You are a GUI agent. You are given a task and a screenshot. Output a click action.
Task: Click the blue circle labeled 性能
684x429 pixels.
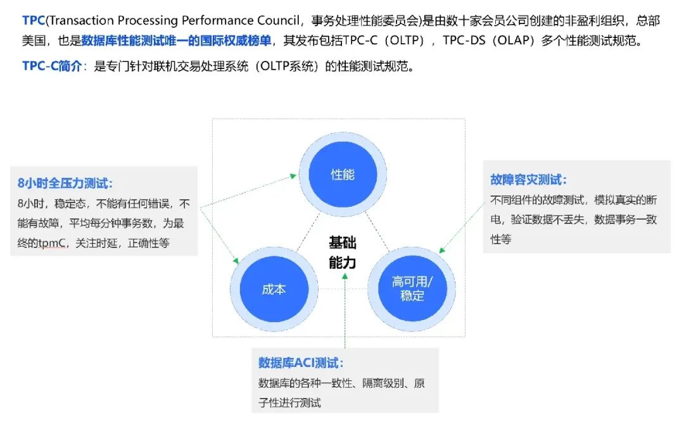(343, 175)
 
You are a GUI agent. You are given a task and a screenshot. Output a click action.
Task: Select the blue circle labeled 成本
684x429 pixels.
(274, 290)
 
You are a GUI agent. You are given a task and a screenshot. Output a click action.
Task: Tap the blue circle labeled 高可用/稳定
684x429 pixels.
(412, 289)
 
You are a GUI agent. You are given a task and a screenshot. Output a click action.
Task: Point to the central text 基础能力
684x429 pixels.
(343, 252)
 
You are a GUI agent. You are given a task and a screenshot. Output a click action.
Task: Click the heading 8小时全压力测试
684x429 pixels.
(65, 183)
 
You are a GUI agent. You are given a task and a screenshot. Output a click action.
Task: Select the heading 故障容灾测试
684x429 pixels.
(528, 180)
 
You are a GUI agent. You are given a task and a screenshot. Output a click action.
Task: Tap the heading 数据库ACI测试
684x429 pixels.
(301, 363)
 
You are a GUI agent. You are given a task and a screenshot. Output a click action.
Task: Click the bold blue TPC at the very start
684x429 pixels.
(34, 20)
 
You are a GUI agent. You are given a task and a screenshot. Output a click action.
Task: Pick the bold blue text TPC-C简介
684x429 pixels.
(52, 66)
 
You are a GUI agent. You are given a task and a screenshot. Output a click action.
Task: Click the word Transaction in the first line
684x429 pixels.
(82, 20)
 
